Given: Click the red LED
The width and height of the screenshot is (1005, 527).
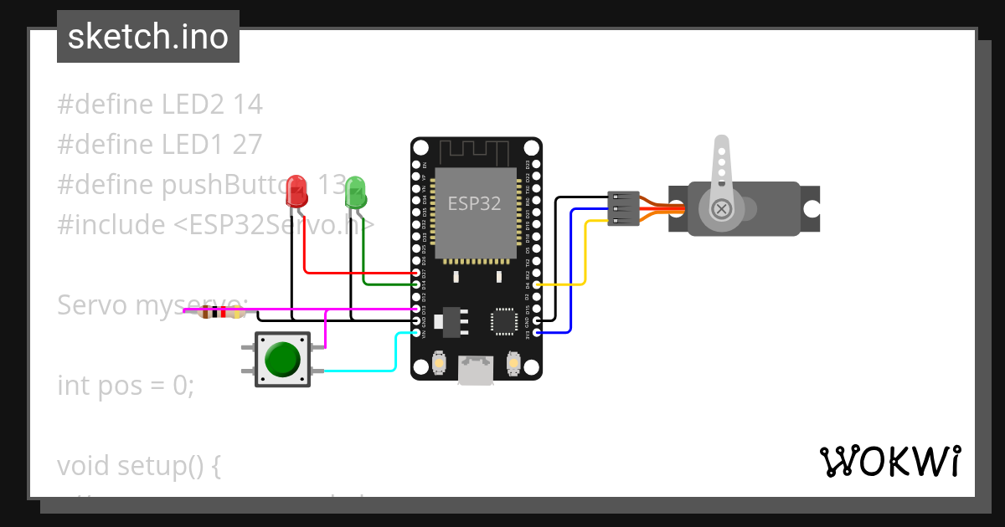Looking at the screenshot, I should coord(296,192).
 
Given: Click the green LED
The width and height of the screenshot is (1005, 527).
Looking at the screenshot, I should coord(355,192).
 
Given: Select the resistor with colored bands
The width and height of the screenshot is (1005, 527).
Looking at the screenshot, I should coord(219,313).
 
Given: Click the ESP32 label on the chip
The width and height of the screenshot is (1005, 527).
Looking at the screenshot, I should coord(475,204).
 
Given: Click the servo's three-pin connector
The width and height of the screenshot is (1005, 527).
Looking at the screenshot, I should coord(623,208).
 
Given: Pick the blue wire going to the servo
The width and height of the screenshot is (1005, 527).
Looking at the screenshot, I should coord(571,268).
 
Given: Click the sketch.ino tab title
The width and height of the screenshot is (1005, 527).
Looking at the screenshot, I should coord(148,37).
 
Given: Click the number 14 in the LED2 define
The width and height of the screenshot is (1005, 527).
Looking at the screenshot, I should coord(248,105).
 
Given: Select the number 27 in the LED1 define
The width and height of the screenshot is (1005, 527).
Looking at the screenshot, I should coord(248,145).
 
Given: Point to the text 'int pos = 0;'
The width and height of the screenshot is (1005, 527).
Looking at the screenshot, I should coord(126,386).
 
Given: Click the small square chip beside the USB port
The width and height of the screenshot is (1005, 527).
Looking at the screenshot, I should coord(504,320).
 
